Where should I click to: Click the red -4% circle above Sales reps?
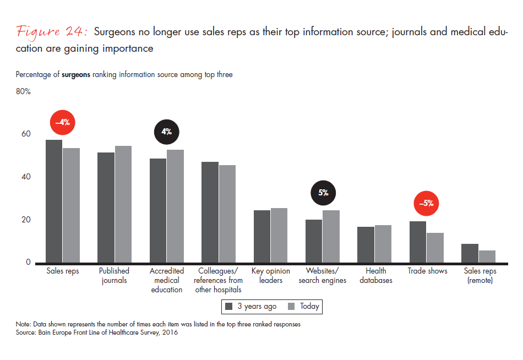[x=62, y=122]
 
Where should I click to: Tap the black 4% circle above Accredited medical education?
[x=166, y=132]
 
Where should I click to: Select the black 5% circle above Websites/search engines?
[x=323, y=193]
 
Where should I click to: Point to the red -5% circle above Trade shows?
[x=427, y=203]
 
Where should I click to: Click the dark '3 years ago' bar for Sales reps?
[x=54, y=201]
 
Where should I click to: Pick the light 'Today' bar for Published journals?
[x=123, y=204]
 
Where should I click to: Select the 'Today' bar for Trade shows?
[x=435, y=248]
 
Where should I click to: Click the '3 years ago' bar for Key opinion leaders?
[x=262, y=236]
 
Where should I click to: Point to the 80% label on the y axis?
[x=23, y=92]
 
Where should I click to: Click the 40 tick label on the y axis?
[x=26, y=177]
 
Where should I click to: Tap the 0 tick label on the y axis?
[x=28, y=263]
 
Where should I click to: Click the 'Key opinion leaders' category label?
[x=270, y=276]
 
